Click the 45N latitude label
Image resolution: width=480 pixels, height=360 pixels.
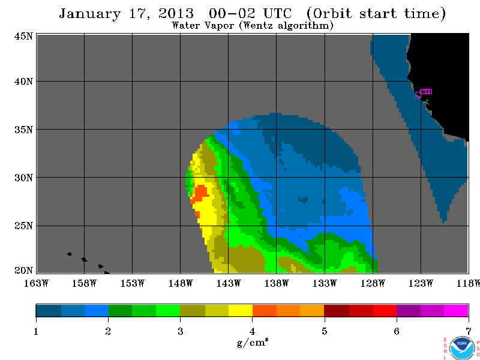coord(23,36)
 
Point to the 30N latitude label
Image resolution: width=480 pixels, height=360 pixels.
coord(23,178)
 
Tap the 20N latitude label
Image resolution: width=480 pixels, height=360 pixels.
coord(23,271)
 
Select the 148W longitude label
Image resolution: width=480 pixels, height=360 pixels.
coord(181,283)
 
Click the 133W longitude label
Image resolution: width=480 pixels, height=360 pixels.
coord(325,283)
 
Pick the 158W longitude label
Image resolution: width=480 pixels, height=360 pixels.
coord(84,283)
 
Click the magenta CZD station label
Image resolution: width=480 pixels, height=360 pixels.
coord(426,91)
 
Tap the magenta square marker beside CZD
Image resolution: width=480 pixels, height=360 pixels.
coord(418,94)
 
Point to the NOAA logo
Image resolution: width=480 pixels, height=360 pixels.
coord(461,348)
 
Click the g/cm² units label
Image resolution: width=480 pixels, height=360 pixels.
coord(253,342)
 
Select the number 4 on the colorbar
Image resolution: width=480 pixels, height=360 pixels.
coord(252,331)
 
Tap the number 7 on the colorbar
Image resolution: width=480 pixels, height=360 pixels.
coord(469,331)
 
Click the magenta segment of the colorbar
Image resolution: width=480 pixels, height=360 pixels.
coord(456,310)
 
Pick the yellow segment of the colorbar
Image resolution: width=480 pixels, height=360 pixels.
coord(241,310)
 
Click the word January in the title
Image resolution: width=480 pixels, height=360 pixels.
coord(90,14)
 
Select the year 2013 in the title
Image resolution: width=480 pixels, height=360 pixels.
coord(176,13)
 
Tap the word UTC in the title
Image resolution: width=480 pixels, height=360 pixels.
coord(278,13)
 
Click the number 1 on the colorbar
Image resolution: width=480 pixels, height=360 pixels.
coord(36,331)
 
